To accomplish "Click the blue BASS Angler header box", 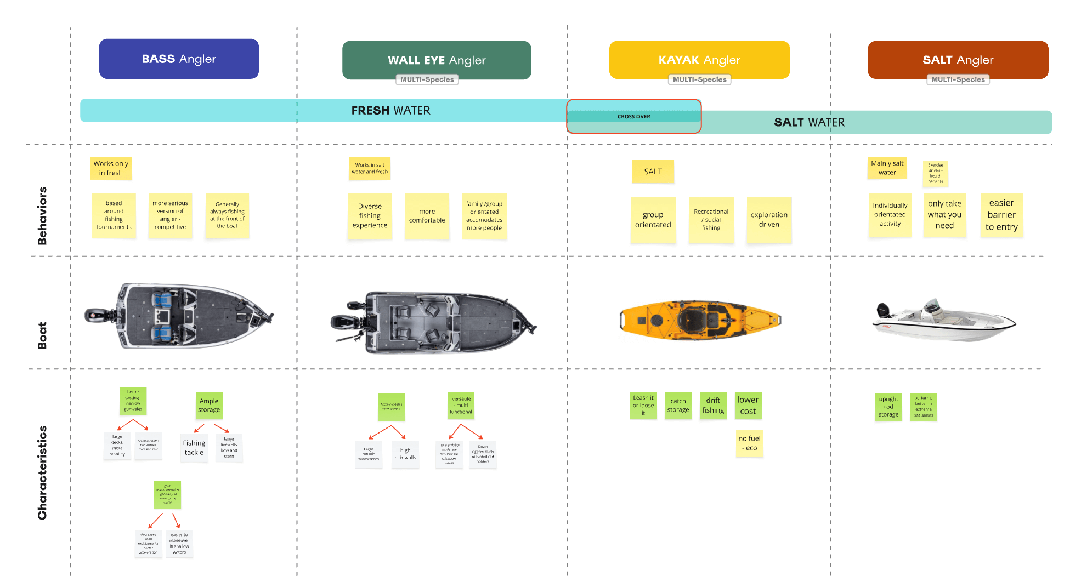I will pos(179,59).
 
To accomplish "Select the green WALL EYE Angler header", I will pos(437,60).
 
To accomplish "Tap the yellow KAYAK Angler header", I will pos(699,60).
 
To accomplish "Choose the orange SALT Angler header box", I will pos(958,60).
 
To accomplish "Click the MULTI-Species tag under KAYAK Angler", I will pos(699,79).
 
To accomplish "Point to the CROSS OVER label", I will pos(633,116).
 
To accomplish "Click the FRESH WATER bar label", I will pos(390,110).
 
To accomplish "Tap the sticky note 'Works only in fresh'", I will pos(111,168).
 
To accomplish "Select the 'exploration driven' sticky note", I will pos(769,220).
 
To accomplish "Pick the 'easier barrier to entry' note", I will pos(1001,215).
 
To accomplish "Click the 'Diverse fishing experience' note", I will pos(370,216).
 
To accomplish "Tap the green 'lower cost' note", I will pos(748,406).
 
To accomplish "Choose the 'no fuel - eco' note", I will pos(749,443).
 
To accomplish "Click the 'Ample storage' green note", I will pos(209,406).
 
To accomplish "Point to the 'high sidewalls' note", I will pos(405,454).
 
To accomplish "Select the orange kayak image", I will pos(700,320).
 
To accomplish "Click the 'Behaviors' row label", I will pos(42,215).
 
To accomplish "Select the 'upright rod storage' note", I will pos(888,407).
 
